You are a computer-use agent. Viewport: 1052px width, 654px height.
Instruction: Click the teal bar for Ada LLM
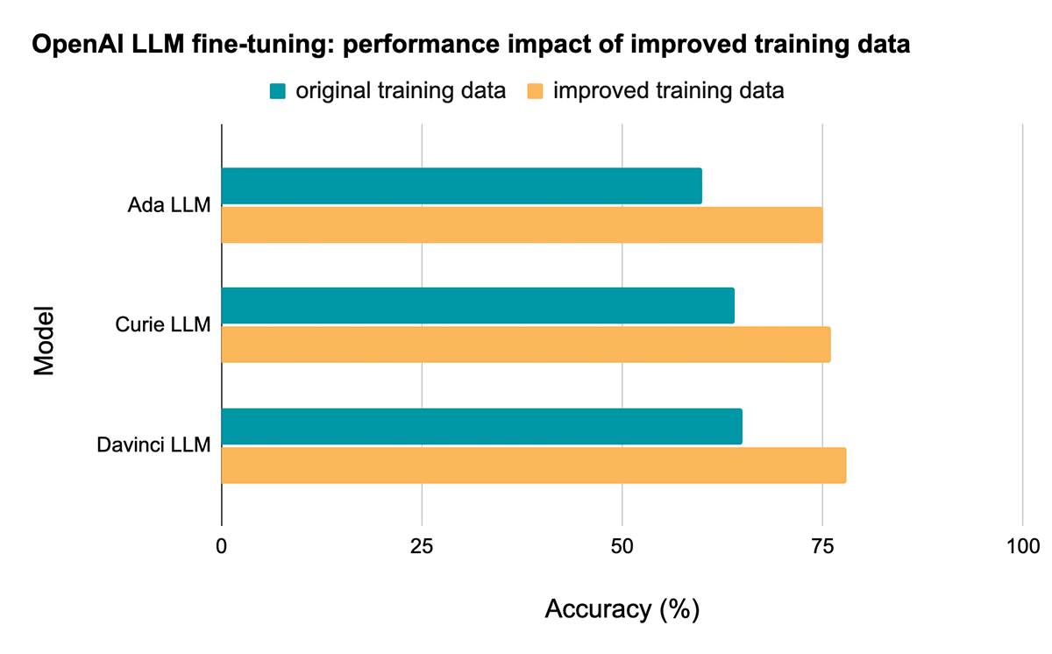pyautogui.click(x=461, y=186)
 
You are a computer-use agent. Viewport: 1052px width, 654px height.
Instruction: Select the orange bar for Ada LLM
pyautogui.click(x=522, y=224)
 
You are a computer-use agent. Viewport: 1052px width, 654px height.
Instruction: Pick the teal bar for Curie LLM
pyautogui.click(x=478, y=305)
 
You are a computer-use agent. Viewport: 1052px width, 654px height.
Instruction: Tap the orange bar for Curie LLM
pyautogui.click(x=526, y=344)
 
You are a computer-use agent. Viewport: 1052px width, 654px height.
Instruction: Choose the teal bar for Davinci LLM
pyautogui.click(x=481, y=426)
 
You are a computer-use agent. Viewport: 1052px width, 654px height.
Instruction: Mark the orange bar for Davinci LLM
pyautogui.click(x=533, y=465)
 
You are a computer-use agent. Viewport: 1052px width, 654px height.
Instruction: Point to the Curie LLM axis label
pyautogui.click(x=164, y=325)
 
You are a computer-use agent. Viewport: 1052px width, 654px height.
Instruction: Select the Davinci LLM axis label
pyautogui.click(x=153, y=445)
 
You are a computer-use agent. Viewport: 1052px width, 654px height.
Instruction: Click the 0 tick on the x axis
pyautogui.click(x=222, y=545)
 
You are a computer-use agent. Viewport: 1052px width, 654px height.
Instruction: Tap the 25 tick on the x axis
pyautogui.click(x=422, y=545)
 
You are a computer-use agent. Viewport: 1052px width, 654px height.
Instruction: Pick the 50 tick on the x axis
pyautogui.click(x=622, y=545)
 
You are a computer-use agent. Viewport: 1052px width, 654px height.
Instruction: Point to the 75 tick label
pyautogui.click(x=822, y=545)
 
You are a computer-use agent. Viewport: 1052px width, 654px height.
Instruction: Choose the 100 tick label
pyautogui.click(x=1022, y=545)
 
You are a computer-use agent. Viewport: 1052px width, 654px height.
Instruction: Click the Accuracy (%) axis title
pyautogui.click(x=622, y=609)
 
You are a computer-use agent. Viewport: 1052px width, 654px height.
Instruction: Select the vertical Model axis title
pyautogui.click(x=45, y=340)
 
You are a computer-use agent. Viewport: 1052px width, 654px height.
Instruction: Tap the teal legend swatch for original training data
pyautogui.click(x=279, y=91)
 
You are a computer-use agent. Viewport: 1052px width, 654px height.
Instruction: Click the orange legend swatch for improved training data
pyautogui.click(x=534, y=91)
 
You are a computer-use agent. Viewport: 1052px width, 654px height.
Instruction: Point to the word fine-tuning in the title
pyautogui.click(x=224, y=45)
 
